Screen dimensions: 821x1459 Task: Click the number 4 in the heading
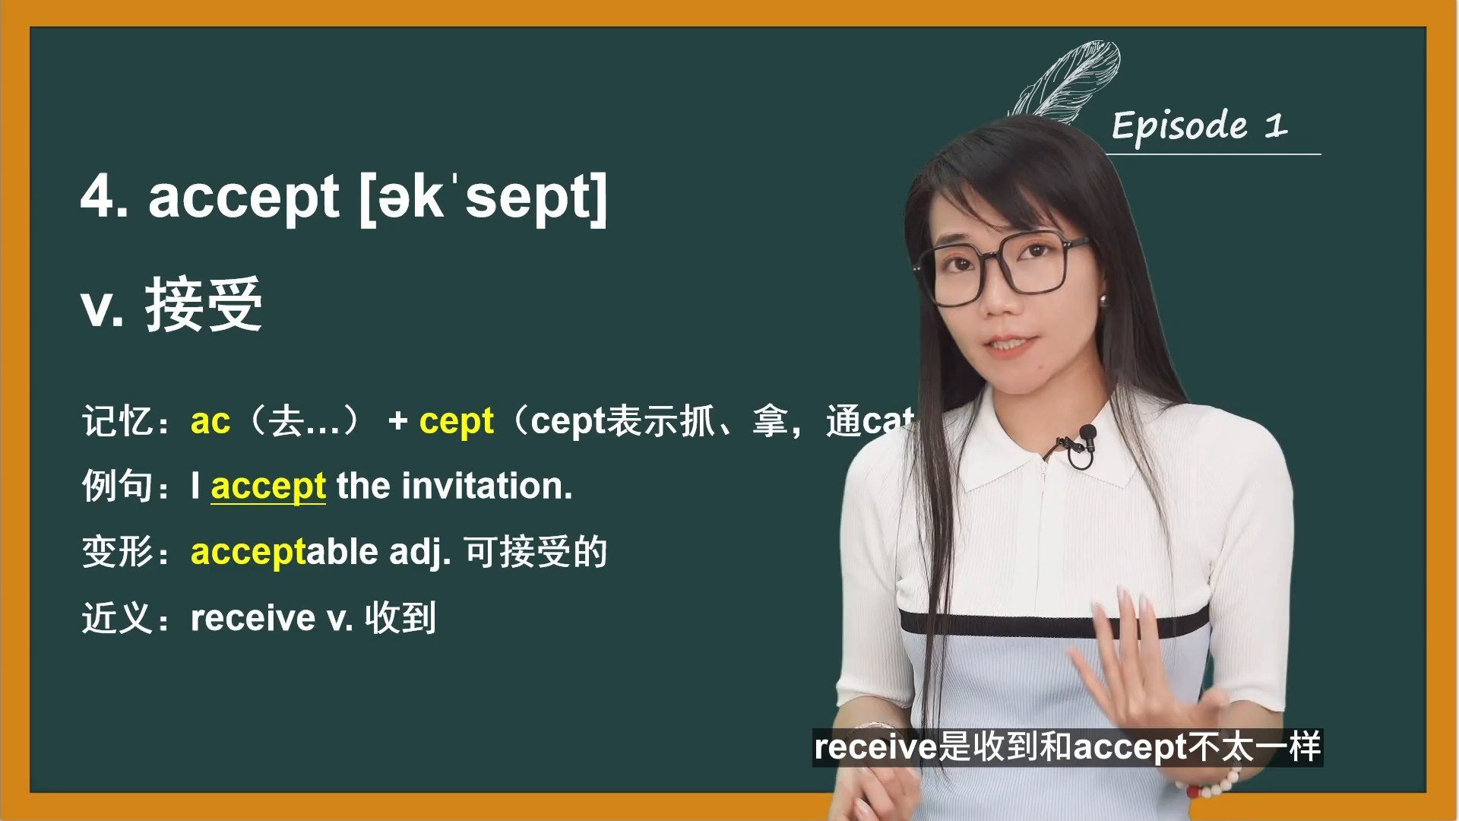click(x=99, y=197)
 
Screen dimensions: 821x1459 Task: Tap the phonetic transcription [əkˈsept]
click(x=483, y=198)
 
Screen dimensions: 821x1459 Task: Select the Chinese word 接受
click(x=204, y=305)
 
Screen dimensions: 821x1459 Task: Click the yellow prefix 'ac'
click(x=210, y=420)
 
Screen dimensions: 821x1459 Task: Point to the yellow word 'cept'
click(x=456, y=420)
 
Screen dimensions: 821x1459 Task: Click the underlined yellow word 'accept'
click(x=268, y=487)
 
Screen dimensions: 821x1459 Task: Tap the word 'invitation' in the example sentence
click(x=486, y=487)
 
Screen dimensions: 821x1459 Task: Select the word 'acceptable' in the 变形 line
click(x=283, y=552)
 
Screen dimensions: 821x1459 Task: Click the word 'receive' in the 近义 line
click(x=252, y=617)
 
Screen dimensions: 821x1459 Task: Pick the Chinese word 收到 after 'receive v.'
click(x=400, y=617)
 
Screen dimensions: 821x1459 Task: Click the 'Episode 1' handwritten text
click(x=1199, y=125)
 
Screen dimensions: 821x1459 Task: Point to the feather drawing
click(x=1071, y=80)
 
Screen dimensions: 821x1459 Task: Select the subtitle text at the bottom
click(x=1067, y=747)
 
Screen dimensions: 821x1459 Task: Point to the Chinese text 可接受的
click(x=536, y=552)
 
